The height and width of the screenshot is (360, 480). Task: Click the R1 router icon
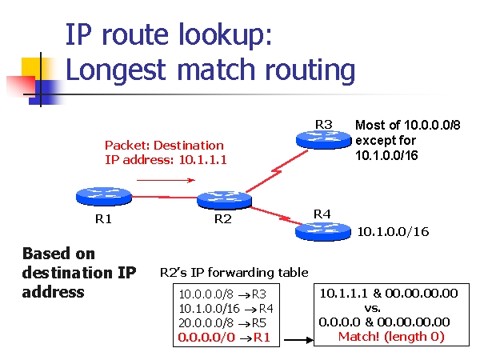click(104, 197)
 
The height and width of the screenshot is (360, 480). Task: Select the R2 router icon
click(224, 200)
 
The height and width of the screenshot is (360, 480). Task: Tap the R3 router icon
click(323, 139)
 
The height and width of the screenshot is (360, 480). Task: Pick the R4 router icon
click(323, 231)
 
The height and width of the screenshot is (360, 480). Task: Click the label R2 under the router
click(223, 219)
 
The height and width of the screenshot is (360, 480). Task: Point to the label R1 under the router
click(103, 219)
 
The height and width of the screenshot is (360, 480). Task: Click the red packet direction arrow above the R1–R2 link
click(166, 180)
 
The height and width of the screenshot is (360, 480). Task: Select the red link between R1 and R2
click(164, 197)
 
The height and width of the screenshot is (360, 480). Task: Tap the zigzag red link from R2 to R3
click(277, 172)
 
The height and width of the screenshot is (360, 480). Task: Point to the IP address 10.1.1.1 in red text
click(202, 160)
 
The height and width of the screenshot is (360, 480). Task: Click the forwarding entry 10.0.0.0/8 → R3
click(222, 294)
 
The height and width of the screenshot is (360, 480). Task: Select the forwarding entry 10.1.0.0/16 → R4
click(226, 309)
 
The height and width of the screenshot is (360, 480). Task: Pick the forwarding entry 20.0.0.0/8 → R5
click(222, 323)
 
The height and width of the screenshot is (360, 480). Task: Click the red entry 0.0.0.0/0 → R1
click(224, 338)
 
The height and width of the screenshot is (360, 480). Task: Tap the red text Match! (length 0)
click(391, 337)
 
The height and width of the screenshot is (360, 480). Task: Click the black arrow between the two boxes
click(298, 339)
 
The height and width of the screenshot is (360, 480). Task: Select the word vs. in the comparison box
click(373, 308)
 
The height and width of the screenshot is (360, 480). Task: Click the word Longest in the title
click(115, 70)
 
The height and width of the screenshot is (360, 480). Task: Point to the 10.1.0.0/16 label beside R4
click(393, 232)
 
